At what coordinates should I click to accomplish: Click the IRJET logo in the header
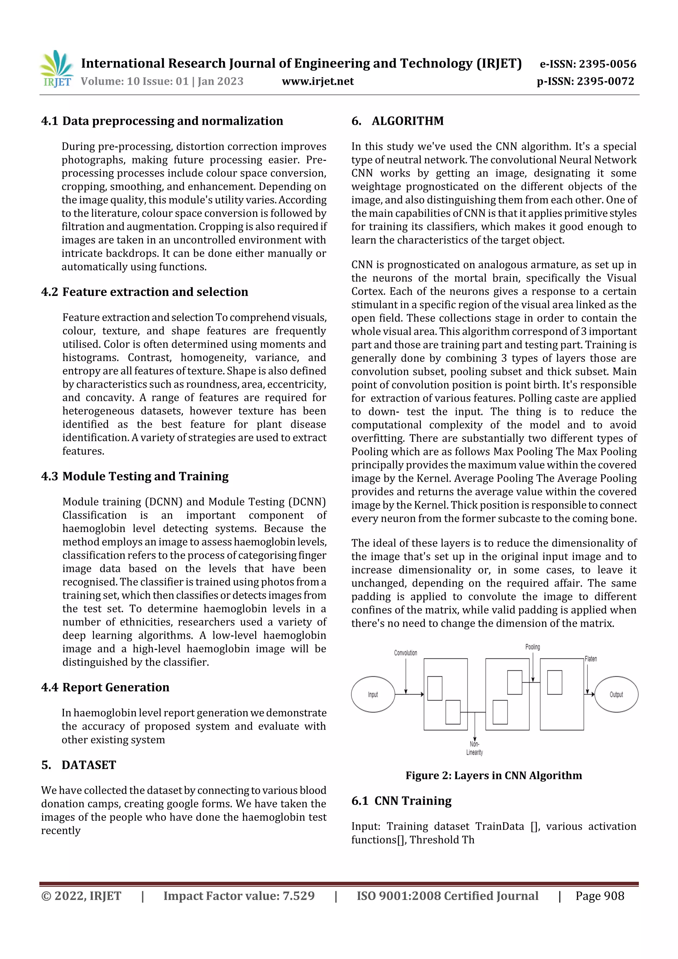pos(56,69)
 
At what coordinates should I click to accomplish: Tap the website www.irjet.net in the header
pos(317,81)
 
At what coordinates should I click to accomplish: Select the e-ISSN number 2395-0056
pos(607,64)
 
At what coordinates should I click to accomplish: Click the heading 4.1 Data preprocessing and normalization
pos(162,121)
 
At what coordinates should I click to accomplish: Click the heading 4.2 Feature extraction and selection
pos(145,292)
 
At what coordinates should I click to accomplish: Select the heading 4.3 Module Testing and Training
pos(135,477)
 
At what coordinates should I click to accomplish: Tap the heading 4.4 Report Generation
pos(105,688)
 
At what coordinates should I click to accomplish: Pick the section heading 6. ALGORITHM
pos(397,121)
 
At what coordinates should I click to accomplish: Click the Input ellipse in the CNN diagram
pos(373,695)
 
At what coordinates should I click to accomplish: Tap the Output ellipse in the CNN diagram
pos(616,695)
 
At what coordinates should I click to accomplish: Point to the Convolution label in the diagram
pos(405,653)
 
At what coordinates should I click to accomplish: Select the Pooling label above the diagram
pos(532,647)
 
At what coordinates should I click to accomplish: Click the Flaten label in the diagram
pos(591,659)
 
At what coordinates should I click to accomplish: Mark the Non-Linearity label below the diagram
pos(474,748)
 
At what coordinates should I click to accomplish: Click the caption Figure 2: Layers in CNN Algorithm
pos(493,776)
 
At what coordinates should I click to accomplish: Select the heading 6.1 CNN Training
pos(402,801)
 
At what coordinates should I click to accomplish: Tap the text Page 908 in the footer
pos(600,896)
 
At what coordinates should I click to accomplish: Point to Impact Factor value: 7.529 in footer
pos(239,896)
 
